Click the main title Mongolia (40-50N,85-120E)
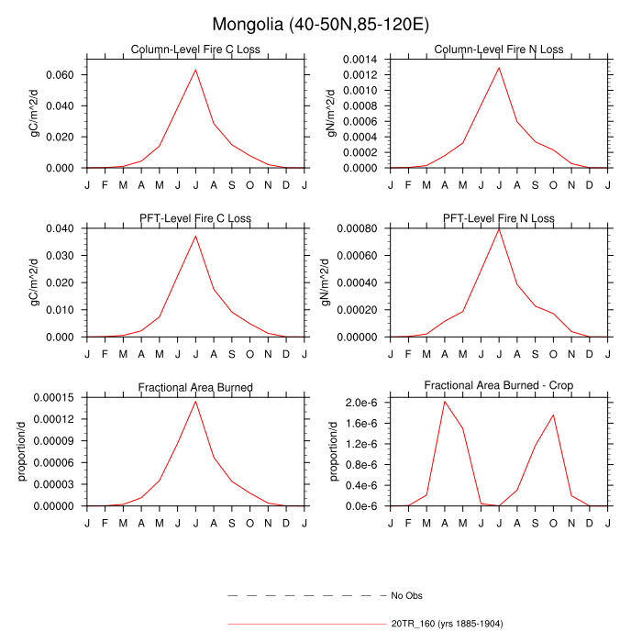point(321,24)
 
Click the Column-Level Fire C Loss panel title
point(195,50)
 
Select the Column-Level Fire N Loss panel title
point(499,50)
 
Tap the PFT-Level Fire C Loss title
point(195,218)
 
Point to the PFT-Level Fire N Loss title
point(499,218)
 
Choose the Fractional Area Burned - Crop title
point(499,386)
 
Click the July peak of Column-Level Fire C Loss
point(195,70)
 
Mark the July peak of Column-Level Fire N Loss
point(499,67)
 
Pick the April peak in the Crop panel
point(445,402)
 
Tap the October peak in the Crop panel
point(553,415)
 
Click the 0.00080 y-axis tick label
point(360,227)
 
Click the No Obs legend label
point(406,595)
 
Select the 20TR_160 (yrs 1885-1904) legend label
point(447,624)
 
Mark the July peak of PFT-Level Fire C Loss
point(195,236)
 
